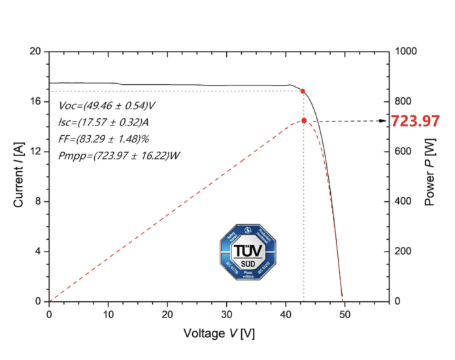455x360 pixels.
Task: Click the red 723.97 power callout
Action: pyautogui.click(x=415, y=121)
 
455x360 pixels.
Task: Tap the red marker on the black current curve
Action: pyautogui.click(x=302, y=91)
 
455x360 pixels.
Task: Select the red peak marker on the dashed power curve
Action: pyautogui.click(x=304, y=120)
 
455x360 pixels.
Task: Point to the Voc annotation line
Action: pyautogui.click(x=107, y=105)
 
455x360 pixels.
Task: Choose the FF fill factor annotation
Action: pyautogui.click(x=104, y=139)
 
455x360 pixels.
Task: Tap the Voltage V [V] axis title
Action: pyautogui.click(x=219, y=333)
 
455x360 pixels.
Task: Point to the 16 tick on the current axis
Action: pyautogui.click(x=35, y=101)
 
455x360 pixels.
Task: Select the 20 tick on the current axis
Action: pyautogui.click(x=35, y=51)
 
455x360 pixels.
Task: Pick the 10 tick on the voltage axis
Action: pyautogui.click(x=109, y=313)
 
